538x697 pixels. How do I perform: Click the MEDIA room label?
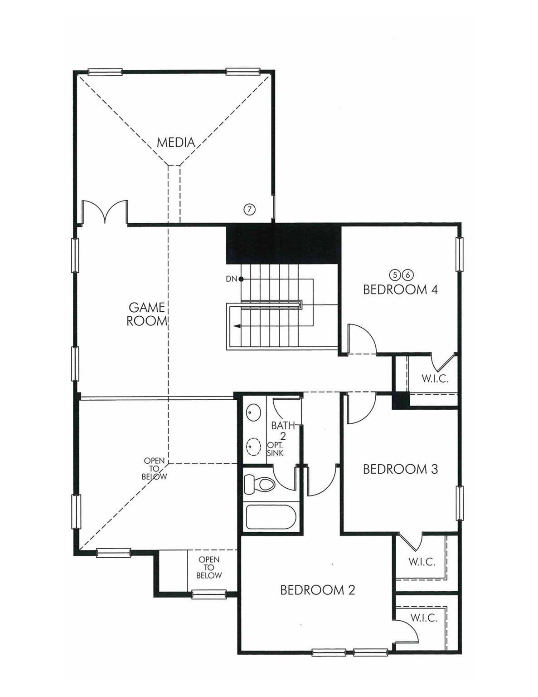pyautogui.click(x=176, y=142)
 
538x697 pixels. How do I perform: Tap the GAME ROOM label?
pyautogui.click(x=146, y=314)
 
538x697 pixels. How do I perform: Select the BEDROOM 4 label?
pyautogui.click(x=400, y=289)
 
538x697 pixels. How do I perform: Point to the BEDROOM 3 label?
pyautogui.click(x=400, y=469)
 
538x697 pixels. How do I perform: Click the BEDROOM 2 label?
pyautogui.click(x=317, y=590)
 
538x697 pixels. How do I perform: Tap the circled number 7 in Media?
pyautogui.click(x=250, y=209)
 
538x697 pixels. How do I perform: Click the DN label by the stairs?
pyautogui.click(x=232, y=279)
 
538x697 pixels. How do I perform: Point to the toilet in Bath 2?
pyautogui.click(x=259, y=484)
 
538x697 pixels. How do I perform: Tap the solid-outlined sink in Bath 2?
pyautogui.click(x=253, y=413)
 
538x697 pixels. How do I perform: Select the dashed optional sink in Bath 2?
pyautogui.click(x=253, y=446)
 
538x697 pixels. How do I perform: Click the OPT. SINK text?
pyautogui.click(x=275, y=449)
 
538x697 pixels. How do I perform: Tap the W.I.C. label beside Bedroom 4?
pyautogui.click(x=435, y=378)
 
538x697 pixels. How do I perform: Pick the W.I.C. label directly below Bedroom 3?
pyautogui.click(x=422, y=562)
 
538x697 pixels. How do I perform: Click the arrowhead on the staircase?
pyautogui.click(x=237, y=325)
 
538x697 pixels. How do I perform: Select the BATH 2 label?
pyautogui.click(x=283, y=430)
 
